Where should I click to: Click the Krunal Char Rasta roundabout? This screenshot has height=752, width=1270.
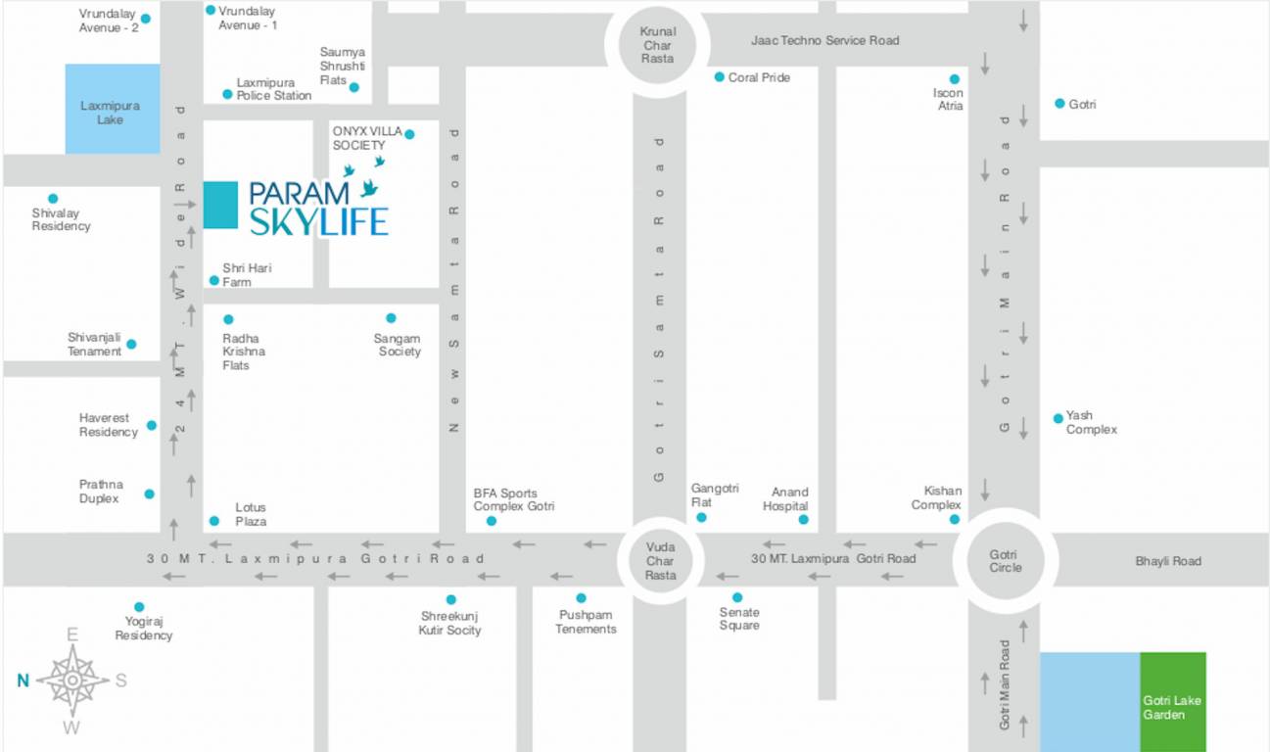pyautogui.click(x=657, y=45)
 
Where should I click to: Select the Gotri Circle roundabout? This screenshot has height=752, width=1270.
pyautogui.click(x=1005, y=561)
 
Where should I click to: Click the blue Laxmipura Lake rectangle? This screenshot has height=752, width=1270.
pyautogui.click(x=112, y=109)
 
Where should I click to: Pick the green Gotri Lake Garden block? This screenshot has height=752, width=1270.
pyautogui.click(x=1172, y=702)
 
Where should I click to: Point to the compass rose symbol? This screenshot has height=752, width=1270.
pyautogui.click(x=72, y=680)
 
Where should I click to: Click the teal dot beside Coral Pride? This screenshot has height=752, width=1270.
pyautogui.click(x=719, y=76)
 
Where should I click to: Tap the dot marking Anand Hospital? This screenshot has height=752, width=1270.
pyautogui.click(x=803, y=519)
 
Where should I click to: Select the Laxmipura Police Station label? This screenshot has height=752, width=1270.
pyautogui.click(x=273, y=89)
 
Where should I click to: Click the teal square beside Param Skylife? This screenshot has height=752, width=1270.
pyautogui.click(x=220, y=205)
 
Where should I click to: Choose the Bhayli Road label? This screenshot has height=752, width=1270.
pyautogui.click(x=1167, y=561)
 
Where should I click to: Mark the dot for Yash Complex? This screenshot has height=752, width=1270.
pyautogui.click(x=1058, y=418)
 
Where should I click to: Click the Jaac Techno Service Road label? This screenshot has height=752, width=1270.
pyautogui.click(x=824, y=40)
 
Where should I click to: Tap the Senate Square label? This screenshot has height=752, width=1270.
pyautogui.click(x=738, y=619)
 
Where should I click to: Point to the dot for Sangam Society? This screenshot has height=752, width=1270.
pyautogui.click(x=391, y=318)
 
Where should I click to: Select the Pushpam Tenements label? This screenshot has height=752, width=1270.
pyautogui.click(x=586, y=622)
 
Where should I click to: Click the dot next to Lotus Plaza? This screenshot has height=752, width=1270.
pyautogui.click(x=213, y=520)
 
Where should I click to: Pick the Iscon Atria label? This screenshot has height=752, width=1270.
pyautogui.click(x=949, y=99)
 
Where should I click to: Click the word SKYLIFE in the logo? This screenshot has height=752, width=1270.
pyautogui.click(x=319, y=222)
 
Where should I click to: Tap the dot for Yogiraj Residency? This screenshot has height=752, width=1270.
pyautogui.click(x=139, y=607)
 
